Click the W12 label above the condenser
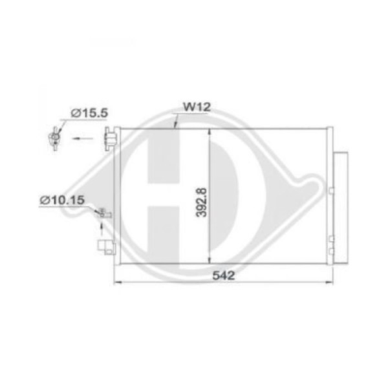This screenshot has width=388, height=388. (x=197, y=107)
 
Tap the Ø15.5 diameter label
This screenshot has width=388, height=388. (x=89, y=113)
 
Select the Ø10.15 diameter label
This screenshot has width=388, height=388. (x=62, y=200)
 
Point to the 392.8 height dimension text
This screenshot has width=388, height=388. (x=201, y=202)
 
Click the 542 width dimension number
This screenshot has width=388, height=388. (x=224, y=275)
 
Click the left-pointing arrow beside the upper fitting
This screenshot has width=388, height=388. (x=82, y=138)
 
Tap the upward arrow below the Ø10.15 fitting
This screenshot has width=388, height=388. (x=102, y=229)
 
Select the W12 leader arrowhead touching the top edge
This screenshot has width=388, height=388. (x=175, y=126)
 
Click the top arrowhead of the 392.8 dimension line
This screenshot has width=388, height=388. (x=210, y=132)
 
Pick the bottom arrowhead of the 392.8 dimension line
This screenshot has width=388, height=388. (x=210, y=260)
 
